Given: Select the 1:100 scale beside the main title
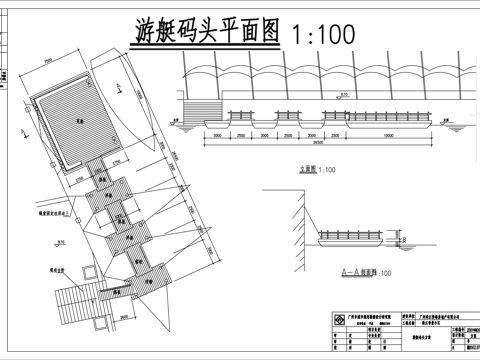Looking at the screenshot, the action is click(x=322, y=34).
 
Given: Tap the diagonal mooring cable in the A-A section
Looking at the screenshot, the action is click(x=309, y=225).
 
